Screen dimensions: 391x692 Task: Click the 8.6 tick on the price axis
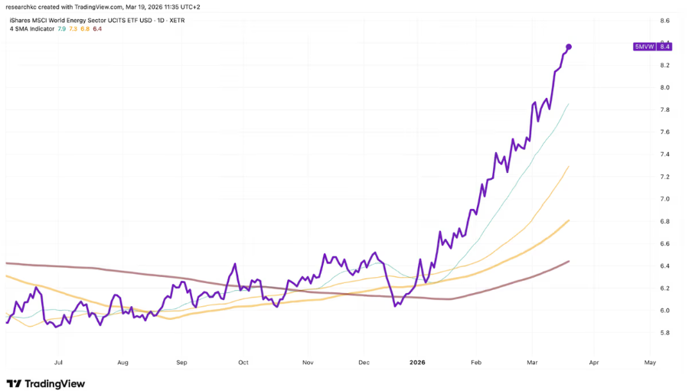pos(664,21)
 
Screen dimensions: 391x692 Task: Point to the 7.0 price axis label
pos(664,199)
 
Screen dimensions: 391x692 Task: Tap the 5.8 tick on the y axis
pos(664,333)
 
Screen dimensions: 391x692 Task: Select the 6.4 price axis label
pos(664,266)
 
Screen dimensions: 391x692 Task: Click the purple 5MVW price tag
pos(652,47)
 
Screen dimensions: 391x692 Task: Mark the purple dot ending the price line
pos(569,47)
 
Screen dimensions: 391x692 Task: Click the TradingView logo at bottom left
pos(45,383)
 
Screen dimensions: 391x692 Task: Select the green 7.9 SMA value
pos(62,29)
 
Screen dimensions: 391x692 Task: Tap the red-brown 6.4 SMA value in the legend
pos(97,29)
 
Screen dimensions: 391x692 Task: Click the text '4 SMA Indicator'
pos(31,29)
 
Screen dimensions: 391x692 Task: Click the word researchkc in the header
pos(22,7)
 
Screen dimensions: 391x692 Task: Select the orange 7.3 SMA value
pos(73,29)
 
